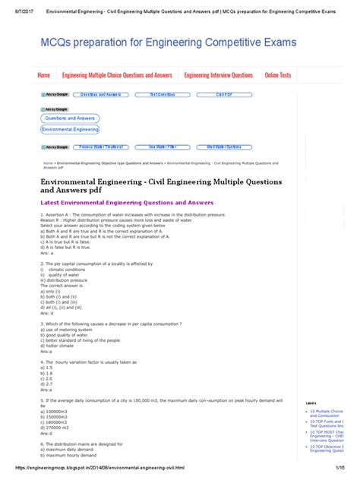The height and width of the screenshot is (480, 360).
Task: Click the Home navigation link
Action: coord(44,75)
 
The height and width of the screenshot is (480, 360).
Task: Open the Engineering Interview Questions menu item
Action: coord(219,75)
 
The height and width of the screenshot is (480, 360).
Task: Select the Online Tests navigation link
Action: coord(278,75)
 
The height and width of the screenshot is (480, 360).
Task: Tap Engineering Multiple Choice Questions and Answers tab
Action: coord(117,75)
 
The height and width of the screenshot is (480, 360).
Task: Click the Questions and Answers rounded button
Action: coord(70,119)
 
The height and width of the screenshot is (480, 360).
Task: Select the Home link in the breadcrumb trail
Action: coord(48,163)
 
